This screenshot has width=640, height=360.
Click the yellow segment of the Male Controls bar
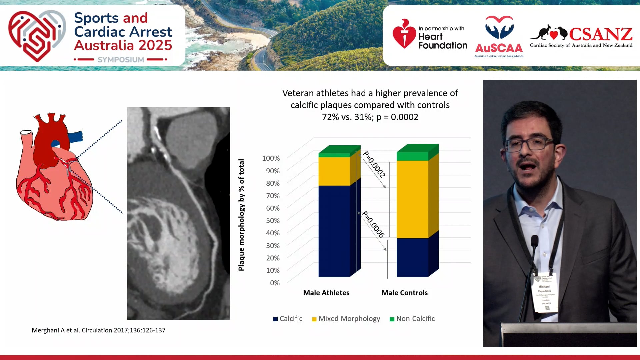pos(412,199)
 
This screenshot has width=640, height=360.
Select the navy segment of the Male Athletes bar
pos(334,231)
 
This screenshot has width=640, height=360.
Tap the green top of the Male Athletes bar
pos(334,154)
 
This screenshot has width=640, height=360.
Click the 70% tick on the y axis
pos(273,196)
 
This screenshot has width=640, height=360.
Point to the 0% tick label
pos(275,283)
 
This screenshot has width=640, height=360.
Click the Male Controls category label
pos(404,293)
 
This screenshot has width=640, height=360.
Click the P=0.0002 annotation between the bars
pos(374,164)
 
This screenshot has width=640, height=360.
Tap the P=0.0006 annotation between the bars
pos(373,224)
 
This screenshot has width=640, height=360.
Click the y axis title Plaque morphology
pos(241,215)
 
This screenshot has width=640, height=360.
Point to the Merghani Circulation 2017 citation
pos(98,330)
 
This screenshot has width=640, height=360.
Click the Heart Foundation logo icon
pos(404,34)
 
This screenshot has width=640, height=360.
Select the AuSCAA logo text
pos(499,48)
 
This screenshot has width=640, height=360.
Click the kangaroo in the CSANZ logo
pos(540,33)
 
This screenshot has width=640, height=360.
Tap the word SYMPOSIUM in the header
pos(121,60)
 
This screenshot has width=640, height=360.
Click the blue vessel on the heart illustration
pos(75,137)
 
